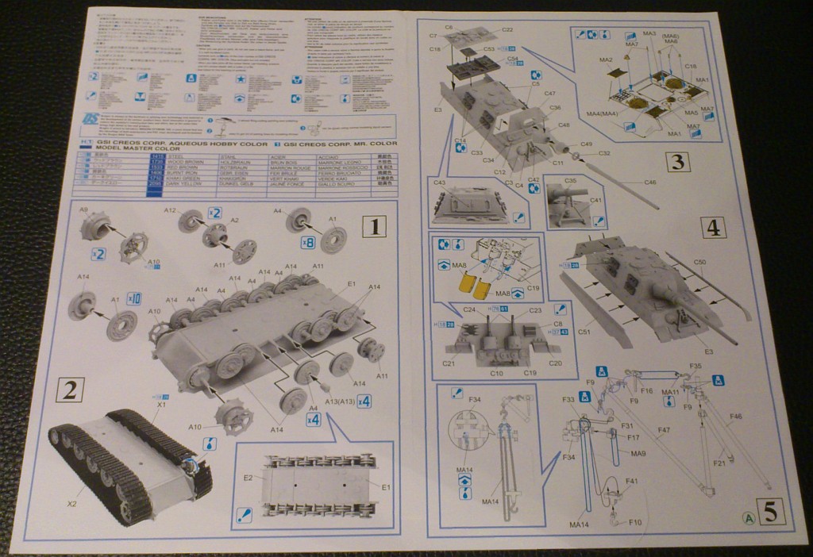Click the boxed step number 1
point(373,229)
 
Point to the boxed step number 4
point(712,229)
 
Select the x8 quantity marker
point(308,243)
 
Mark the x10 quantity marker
point(134,299)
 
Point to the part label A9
point(84,210)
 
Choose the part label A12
point(169,211)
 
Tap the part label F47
point(663,430)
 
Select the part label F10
point(634,522)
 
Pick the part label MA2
point(606,60)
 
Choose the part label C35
point(572,181)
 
